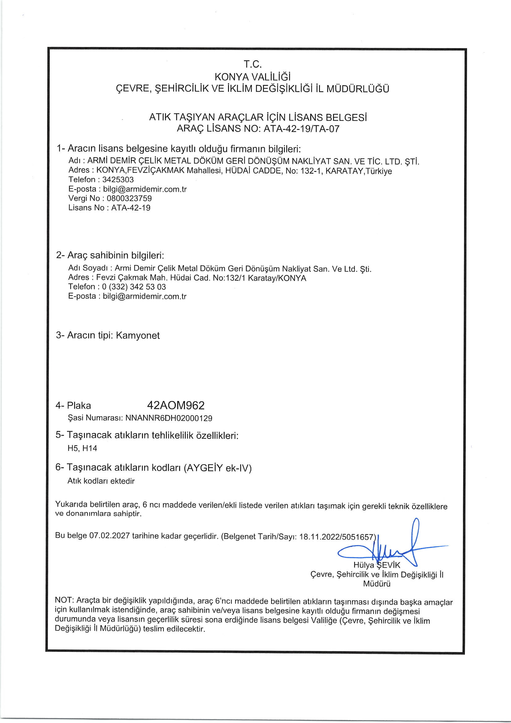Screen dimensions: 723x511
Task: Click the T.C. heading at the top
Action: coord(253,64)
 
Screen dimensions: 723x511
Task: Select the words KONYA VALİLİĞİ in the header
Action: coord(253,77)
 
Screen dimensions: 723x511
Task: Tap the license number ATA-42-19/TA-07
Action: coord(301,129)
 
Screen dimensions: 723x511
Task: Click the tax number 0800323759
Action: coord(129,199)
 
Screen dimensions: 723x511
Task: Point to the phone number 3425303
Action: coord(118,179)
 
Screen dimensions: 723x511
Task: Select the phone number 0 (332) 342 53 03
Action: coord(134,287)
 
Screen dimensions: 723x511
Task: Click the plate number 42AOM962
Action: coord(176,405)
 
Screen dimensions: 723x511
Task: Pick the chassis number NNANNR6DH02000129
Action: coord(169,418)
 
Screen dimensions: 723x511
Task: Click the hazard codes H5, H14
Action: coord(82,448)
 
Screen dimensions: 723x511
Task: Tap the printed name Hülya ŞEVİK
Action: coord(377,565)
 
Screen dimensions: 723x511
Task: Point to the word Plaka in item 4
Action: coord(79,406)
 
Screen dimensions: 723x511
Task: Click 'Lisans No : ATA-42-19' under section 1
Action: coord(109,208)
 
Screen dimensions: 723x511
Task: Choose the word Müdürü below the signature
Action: coord(377,584)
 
